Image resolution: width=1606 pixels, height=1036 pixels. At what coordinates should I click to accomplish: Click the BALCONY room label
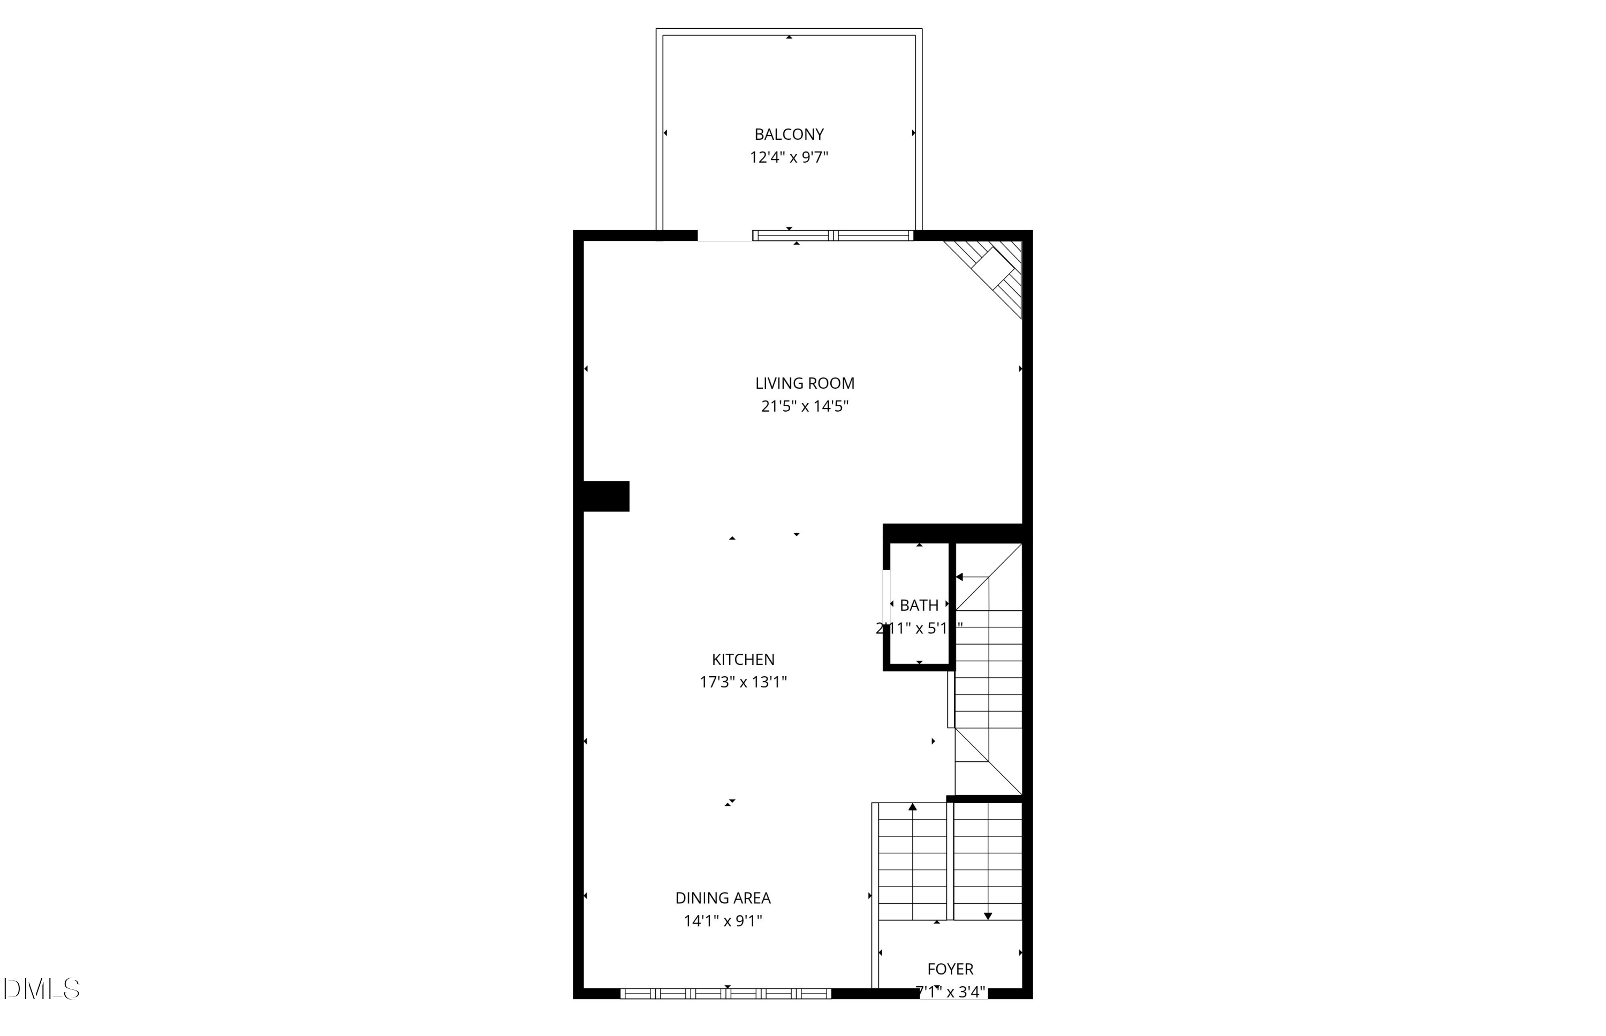[x=789, y=134]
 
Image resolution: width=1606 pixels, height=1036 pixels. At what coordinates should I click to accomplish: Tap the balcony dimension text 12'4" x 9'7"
[x=789, y=158]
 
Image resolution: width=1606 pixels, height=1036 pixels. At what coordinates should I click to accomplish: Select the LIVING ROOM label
[x=805, y=383]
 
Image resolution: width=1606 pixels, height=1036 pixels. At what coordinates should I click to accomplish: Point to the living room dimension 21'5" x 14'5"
[x=805, y=406]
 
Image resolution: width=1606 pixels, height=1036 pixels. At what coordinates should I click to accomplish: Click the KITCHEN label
[x=743, y=659]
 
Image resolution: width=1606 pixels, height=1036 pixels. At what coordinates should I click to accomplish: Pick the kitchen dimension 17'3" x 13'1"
[x=743, y=682]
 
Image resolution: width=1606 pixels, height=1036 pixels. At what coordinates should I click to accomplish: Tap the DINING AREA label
[x=723, y=898]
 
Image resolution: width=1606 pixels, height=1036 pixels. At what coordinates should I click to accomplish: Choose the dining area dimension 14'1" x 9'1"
[x=723, y=921]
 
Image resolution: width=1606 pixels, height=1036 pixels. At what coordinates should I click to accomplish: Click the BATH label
[x=919, y=606]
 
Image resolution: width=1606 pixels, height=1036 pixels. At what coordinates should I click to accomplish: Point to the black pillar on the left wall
[x=606, y=496]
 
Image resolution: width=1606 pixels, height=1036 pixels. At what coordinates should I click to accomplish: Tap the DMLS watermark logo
[x=42, y=989]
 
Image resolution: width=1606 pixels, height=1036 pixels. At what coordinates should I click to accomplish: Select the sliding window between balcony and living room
[x=832, y=236]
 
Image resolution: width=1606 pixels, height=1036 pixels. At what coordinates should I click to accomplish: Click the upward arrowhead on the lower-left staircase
[x=913, y=807]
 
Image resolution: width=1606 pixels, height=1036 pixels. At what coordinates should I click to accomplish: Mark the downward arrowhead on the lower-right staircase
[x=988, y=916]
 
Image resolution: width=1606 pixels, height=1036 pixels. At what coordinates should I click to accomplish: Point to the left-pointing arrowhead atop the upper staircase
[x=960, y=577]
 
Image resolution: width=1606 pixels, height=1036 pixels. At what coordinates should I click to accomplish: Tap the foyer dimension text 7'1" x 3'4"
[x=950, y=992]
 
